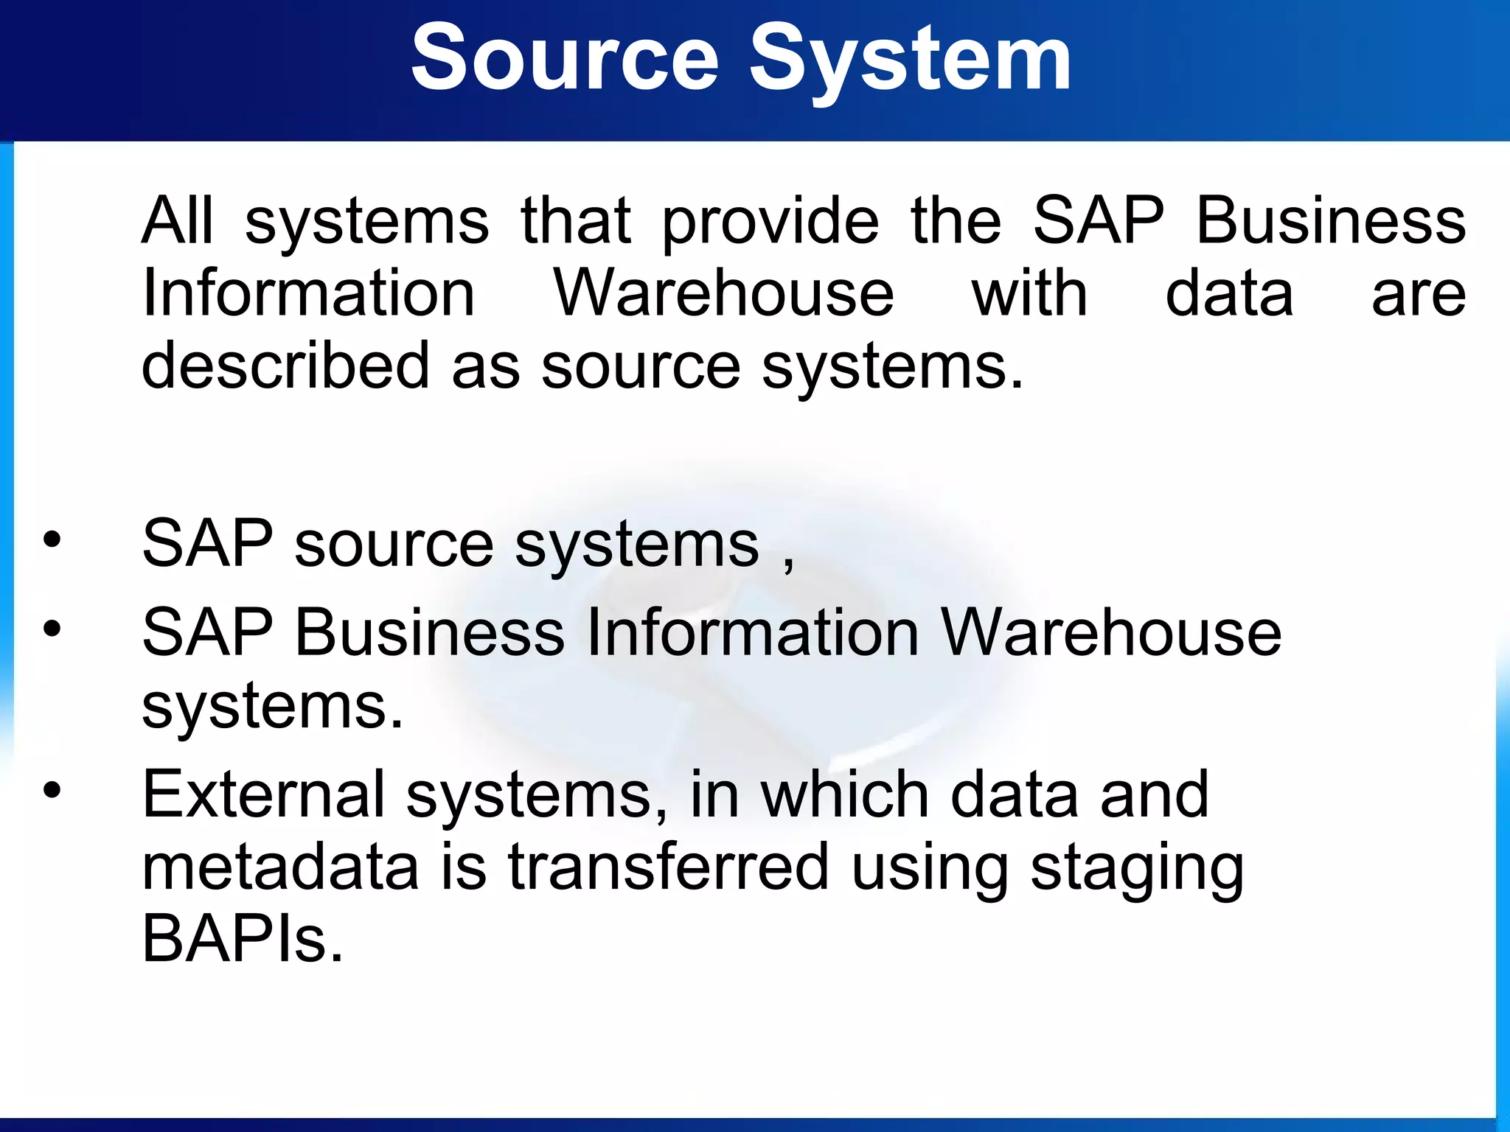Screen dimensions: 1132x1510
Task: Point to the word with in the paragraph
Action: tap(1029, 293)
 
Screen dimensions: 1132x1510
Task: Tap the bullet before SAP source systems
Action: tap(52, 541)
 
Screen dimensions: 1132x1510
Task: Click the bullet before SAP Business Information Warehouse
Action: tap(52, 629)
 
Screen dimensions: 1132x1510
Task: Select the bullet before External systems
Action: tap(52, 792)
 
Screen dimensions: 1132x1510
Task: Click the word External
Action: tap(263, 794)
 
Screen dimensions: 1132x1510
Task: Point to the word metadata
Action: tap(280, 866)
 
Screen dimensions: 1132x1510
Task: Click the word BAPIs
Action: tap(243, 939)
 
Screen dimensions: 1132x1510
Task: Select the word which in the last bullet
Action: tap(844, 794)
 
